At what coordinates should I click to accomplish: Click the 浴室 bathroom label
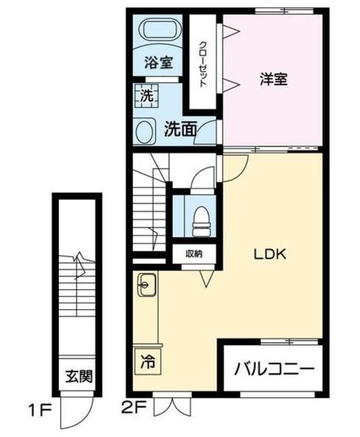click(158, 62)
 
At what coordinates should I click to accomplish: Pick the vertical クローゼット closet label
click(203, 64)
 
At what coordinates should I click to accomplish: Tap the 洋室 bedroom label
click(273, 79)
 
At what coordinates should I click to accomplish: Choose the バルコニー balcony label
click(275, 369)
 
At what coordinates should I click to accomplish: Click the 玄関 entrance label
click(79, 376)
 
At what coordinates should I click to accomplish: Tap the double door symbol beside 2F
click(170, 406)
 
